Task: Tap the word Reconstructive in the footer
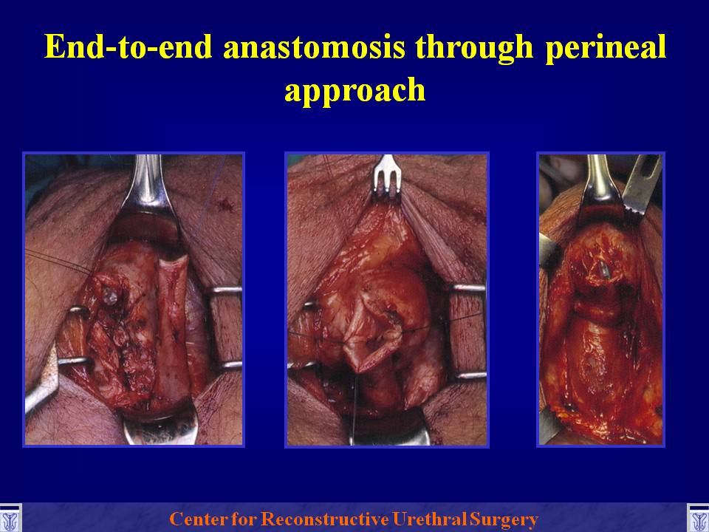[325, 519]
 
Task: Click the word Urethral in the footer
[430, 519]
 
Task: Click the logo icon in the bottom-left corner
[10, 518]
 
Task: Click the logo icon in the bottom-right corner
[698, 518]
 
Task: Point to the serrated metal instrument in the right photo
[642, 185]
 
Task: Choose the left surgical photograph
[134, 299]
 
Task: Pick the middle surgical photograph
[386, 299]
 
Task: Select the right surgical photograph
[601, 299]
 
